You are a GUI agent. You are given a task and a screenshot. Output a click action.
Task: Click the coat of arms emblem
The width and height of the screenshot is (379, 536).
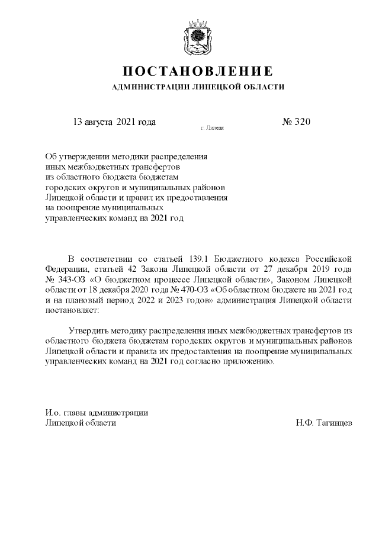point(198,36)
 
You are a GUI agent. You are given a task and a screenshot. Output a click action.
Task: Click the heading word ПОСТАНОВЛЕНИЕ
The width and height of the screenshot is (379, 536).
point(198,72)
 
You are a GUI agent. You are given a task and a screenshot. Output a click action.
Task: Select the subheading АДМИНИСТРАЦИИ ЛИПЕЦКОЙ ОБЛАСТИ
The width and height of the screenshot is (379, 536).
point(198,87)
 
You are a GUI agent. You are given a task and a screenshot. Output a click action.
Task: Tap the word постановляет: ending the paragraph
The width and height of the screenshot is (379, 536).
point(72,310)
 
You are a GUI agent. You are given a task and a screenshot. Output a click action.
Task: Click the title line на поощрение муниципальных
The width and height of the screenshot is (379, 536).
point(104,207)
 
